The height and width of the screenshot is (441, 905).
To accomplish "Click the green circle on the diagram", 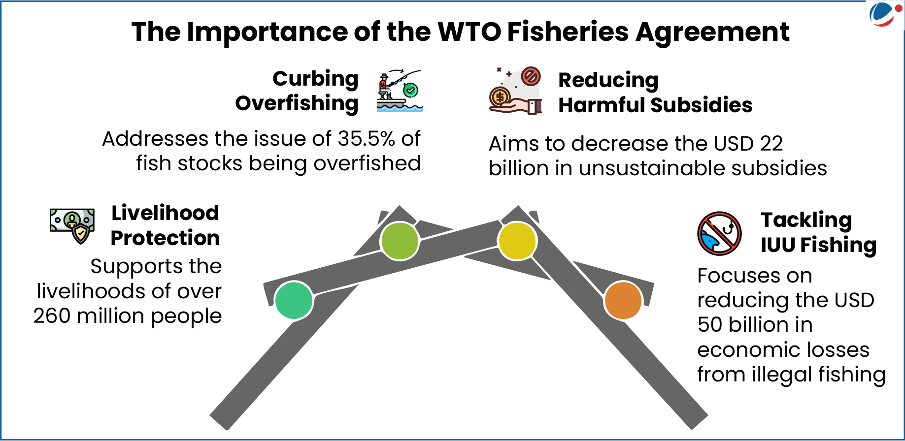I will click(x=294, y=300).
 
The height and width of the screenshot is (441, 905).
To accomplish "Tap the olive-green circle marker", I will click(x=400, y=241).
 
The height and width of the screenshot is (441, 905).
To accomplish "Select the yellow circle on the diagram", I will click(x=517, y=241).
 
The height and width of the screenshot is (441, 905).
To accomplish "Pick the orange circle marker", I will click(x=623, y=300).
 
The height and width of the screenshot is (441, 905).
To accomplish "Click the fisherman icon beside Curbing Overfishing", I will click(x=400, y=91).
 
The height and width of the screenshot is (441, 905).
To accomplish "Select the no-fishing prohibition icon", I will click(x=719, y=233).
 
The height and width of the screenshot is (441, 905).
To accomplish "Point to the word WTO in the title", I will click(x=469, y=32).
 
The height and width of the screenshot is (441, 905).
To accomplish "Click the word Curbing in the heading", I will click(x=315, y=79).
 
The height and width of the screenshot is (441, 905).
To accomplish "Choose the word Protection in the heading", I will click(x=165, y=238).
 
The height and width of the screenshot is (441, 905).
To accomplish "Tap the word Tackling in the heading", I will click(x=806, y=220).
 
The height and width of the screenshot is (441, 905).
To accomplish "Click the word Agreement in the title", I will click(x=712, y=32).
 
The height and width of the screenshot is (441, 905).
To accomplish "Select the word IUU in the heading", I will click(x=777, y=245).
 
